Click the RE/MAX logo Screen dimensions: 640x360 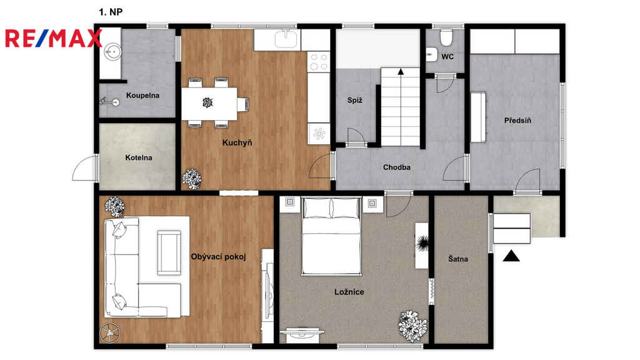pyautogui.click(x=53, y=38)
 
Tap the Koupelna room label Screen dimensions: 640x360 pyautogui.click(x=142, y=96)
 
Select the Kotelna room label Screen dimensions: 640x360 pyautogui.click(x=138, y=157)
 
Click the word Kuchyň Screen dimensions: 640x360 pyautogui.click(x=237, y=142)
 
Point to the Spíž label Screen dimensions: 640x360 pyautogui.click(x=355, y=100)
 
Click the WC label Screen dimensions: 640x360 pyautogui.click(x=447, y=57)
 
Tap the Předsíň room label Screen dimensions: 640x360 pyautogui.click(x=517, y=121)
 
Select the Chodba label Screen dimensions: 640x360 pyautogui.click(x=397, y=167)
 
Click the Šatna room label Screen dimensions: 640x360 pyautogui.click(x=458, y=259)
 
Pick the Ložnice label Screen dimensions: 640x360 pyautogui.click(x=349, y=292)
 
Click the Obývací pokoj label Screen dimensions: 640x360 pyautogui.click(x=218, y=257)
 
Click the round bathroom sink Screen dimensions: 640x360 pyautogui.click(x=112, y=51)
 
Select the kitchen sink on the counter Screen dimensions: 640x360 pyautogui.click(x=287, y=39)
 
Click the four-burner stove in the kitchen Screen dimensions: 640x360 pyautogui.click(x=319, y=62)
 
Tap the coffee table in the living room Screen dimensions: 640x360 pyautogui.click(x=169, y=252)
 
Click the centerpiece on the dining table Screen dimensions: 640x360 pyautogui.click(x=207, y=102)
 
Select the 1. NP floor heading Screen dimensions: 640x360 pyautogui.click(x=111, y=12)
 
